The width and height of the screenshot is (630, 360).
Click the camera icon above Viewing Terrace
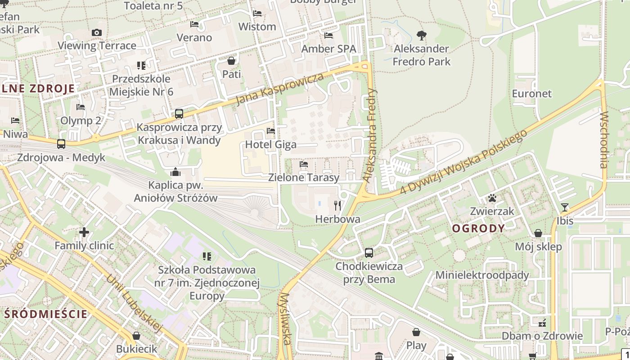[x=96, y=32]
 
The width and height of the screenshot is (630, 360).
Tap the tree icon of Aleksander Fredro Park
[x=422, y=35]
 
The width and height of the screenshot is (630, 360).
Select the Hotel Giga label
[x=271, y=144]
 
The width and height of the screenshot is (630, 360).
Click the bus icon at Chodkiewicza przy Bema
[x=369, y=253]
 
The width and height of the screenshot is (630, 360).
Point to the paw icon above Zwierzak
[x=492, y=198]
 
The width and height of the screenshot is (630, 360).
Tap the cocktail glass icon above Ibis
[x=565, y=207]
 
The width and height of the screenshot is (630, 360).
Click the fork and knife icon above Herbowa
[x=337, y=206]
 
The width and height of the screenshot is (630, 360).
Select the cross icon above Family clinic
[x=84, y=233]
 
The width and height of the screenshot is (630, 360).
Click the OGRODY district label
[x=478, y=229]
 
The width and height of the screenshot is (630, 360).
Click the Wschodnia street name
[x=603, y=139]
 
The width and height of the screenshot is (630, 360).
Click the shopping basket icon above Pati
[x=231, y=61]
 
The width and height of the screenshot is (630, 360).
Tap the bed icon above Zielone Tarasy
[x=304, y=164]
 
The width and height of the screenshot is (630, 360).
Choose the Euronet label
[x=531, y=94]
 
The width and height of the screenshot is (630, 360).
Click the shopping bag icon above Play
[x=416, y=332]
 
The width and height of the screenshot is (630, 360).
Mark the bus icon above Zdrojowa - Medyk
[x=61, y=144]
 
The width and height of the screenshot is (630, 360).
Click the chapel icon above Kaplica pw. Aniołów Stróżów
[x=175, y=172]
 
